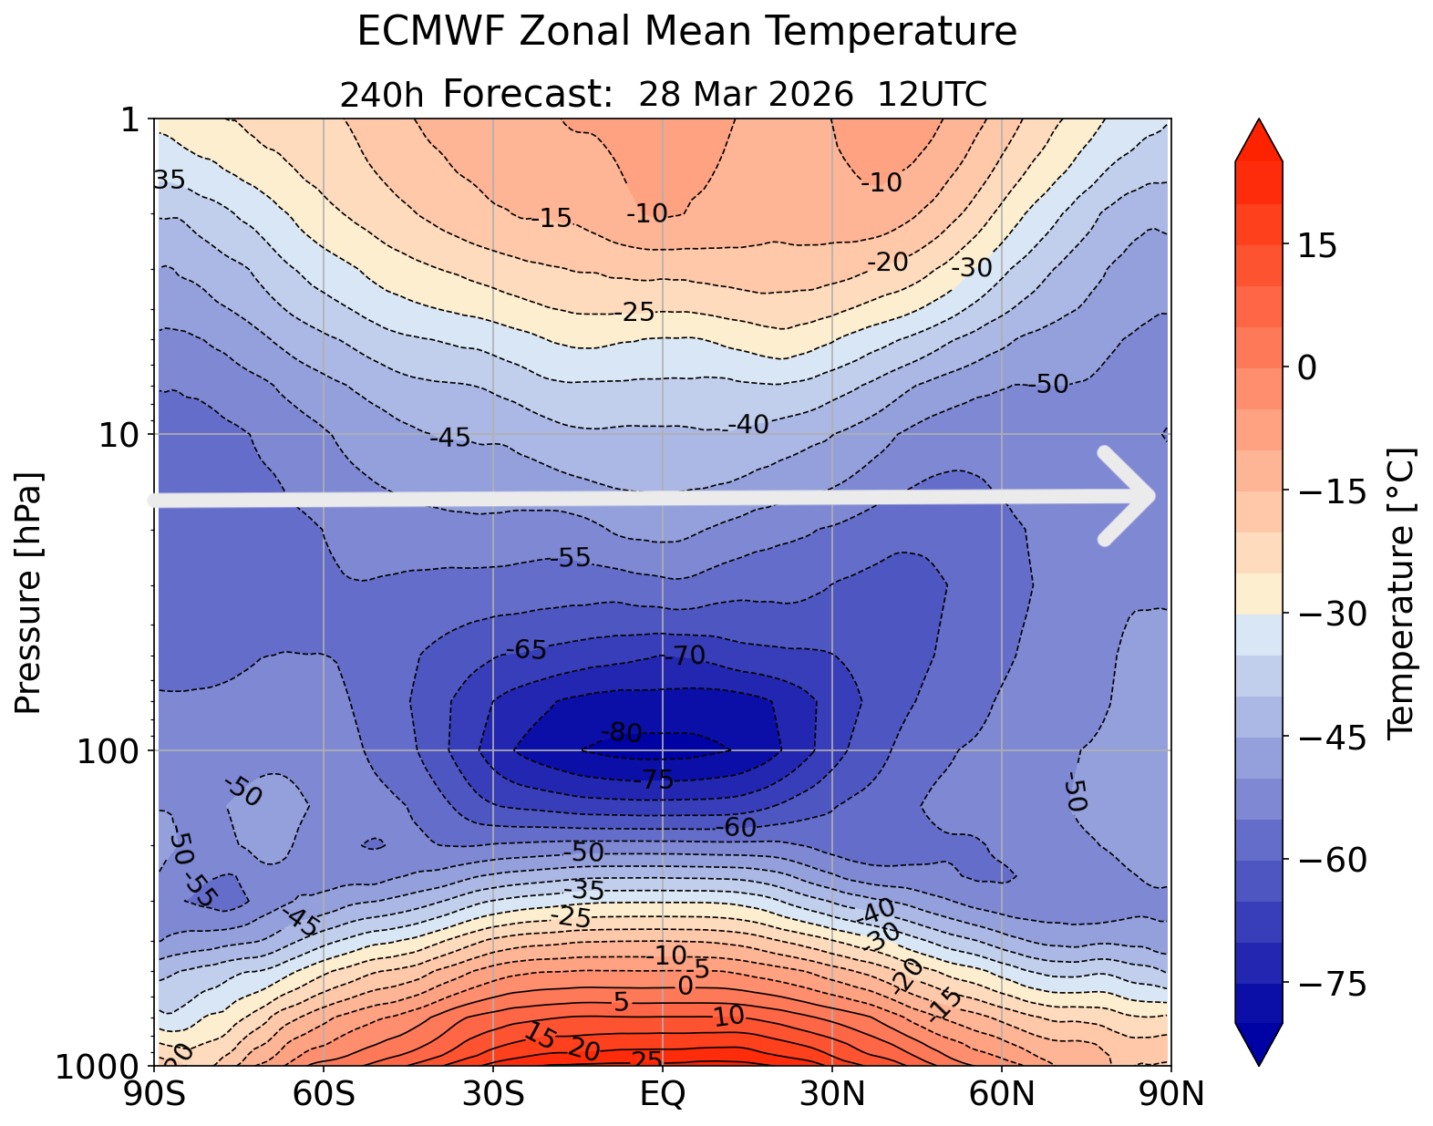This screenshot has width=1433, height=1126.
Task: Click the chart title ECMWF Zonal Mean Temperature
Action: [686, 32]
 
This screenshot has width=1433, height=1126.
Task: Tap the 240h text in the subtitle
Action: [381, 95]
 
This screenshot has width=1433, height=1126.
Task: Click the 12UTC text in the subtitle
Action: [932, 95]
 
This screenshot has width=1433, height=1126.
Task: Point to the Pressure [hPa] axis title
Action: [29, 593]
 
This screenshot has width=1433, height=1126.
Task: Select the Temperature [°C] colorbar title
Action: [1399, 593]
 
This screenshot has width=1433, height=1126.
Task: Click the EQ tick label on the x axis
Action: [663, 1093]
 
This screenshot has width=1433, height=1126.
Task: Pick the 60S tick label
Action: [325, 1093]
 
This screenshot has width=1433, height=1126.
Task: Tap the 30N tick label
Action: [832, 1093]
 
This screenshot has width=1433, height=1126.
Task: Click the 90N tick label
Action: [1170, 1093]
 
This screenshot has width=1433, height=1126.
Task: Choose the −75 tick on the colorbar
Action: [1331, 984]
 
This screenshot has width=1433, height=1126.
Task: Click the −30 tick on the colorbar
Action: [1331, 615]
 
